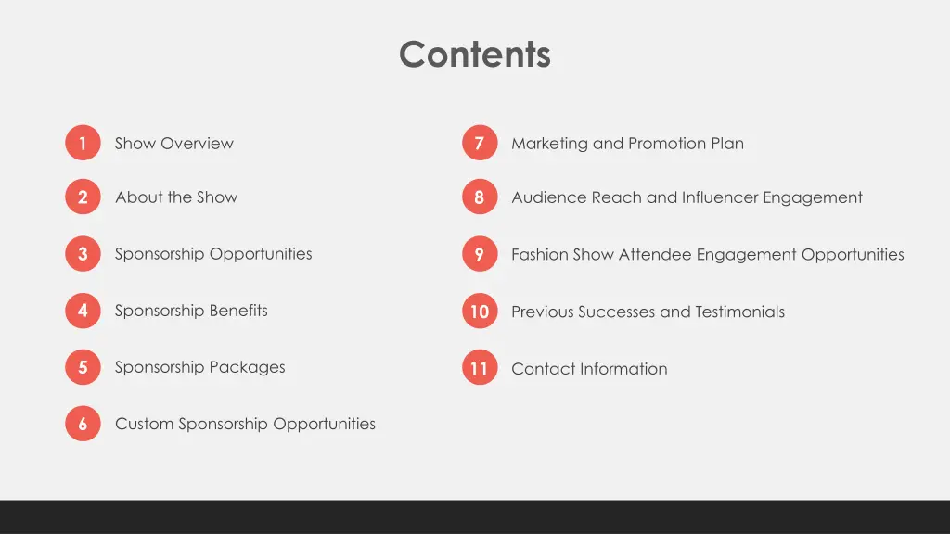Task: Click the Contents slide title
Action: coord(474,54)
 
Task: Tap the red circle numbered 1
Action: coord(83,143)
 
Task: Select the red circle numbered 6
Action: coord(83,424)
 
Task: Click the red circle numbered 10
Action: coord(479,311)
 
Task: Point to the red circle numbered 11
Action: coord(479,368)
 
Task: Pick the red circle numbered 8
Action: coord(479,197)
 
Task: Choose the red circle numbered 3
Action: coord(83,254)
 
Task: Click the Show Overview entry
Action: coord(173,143)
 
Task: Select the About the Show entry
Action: coord(176,197)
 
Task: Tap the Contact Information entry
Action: coord(589,368)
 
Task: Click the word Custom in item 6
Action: coord(144,424)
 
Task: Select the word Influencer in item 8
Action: coord(720,197)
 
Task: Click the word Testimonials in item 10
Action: coord(739,311)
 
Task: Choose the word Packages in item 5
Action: coord(246,367)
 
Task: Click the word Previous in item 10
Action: coord(542,311)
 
